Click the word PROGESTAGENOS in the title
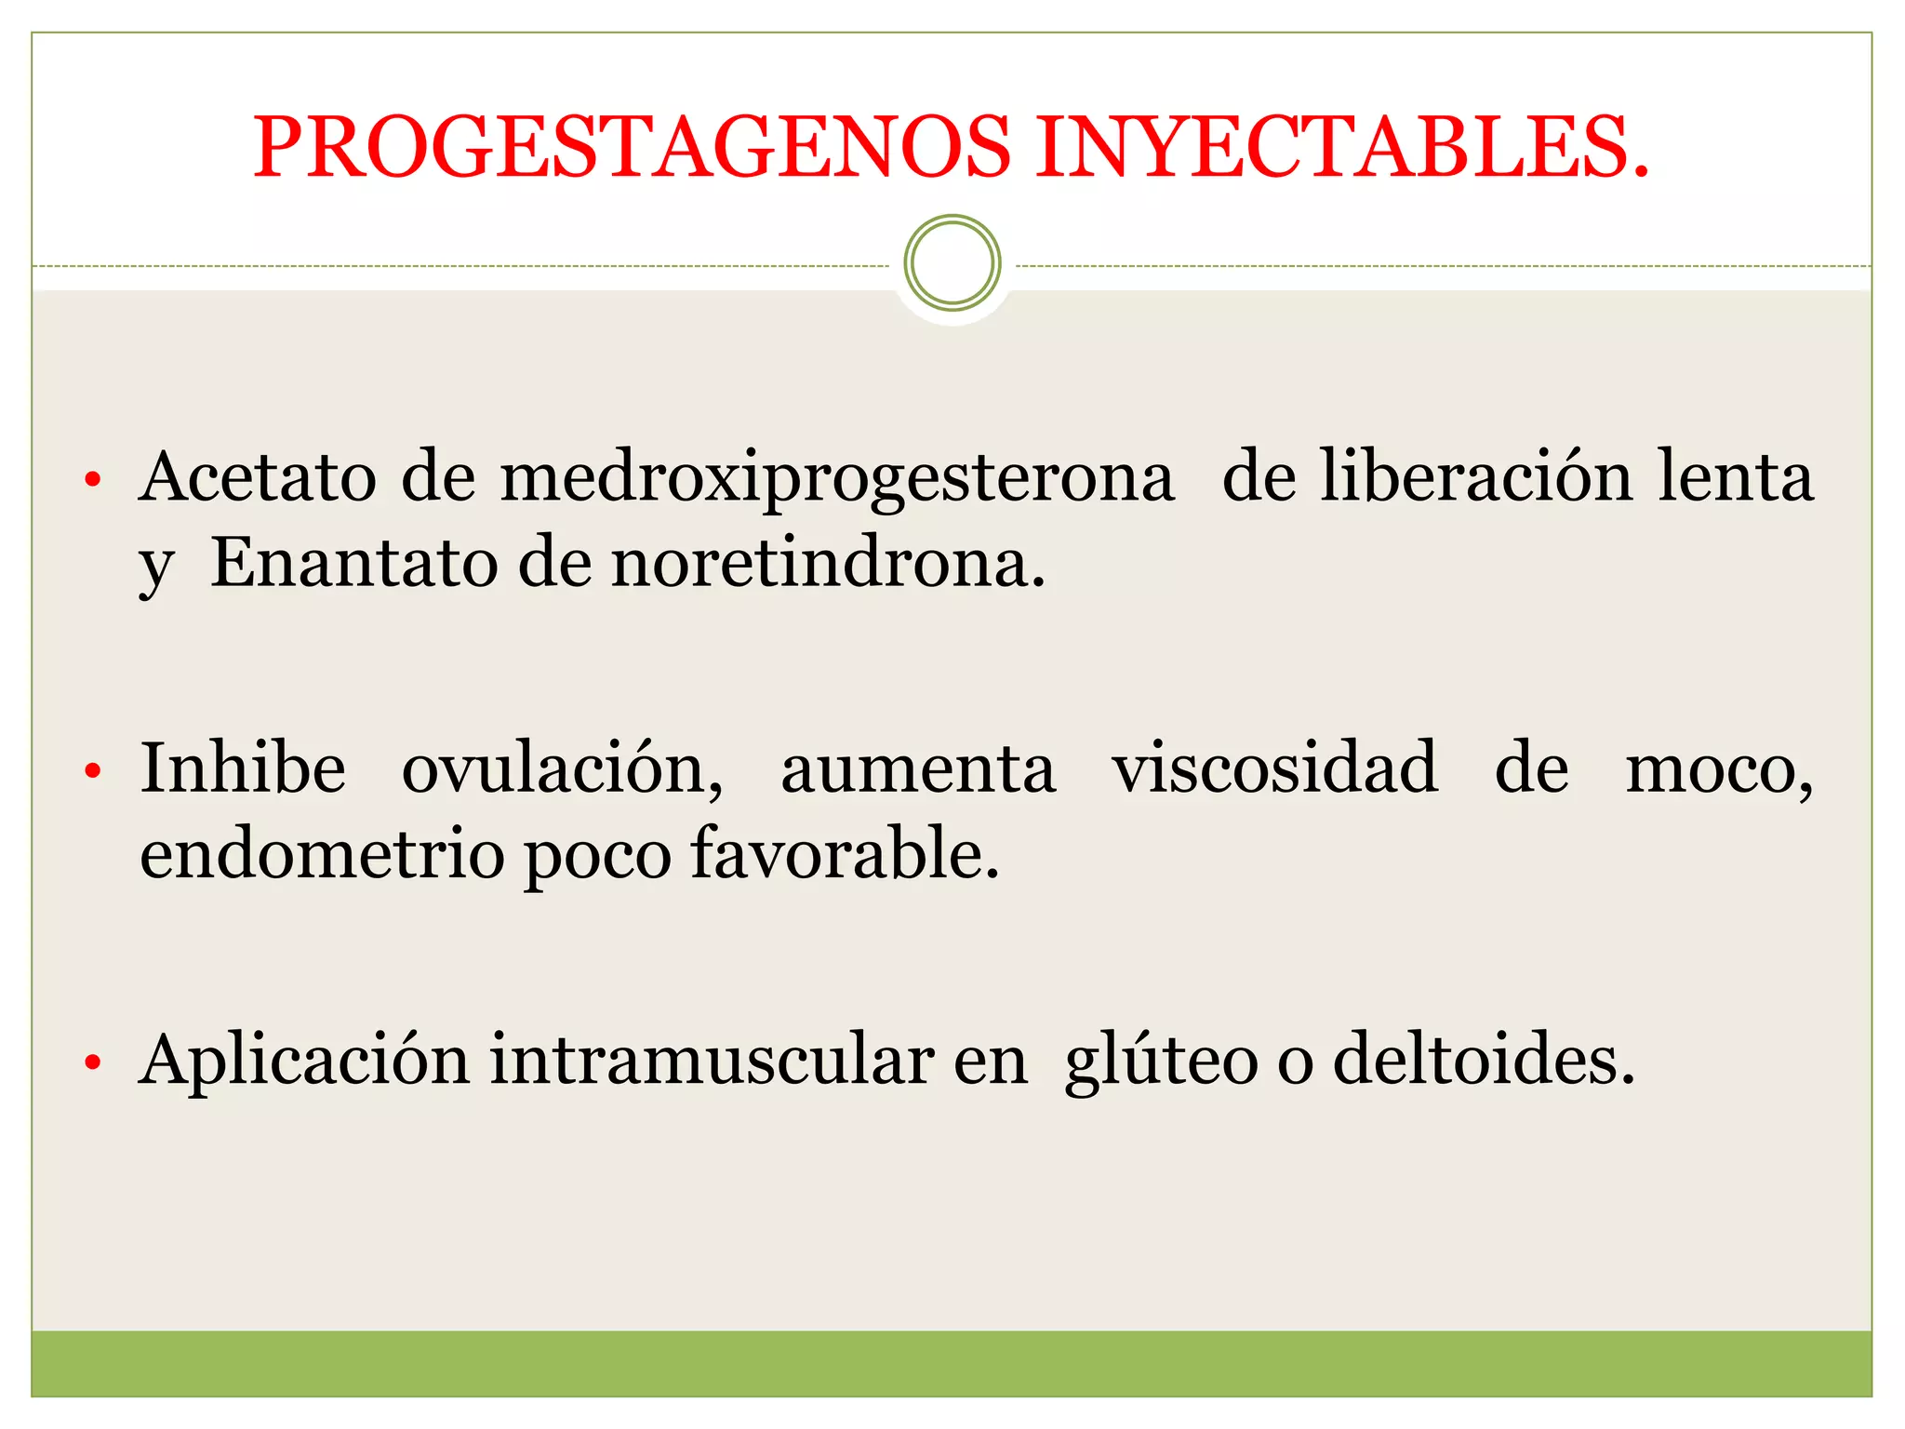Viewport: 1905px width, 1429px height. click(633, 147)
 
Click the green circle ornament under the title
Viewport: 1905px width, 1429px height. click(952, 262)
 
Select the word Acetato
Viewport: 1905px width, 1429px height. click(258, 477)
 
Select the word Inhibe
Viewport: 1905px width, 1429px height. click(243, 768)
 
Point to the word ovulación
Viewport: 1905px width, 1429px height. click(562, 770)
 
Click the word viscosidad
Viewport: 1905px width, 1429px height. click(1275, 768)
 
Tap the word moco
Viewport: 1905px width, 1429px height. click(1719, 770)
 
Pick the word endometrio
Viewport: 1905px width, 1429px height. click(322, 854)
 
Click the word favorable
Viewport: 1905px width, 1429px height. click(845, 854)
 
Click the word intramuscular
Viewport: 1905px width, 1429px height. click(713, 1061)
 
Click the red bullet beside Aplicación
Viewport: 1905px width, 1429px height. click(91, 1062)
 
